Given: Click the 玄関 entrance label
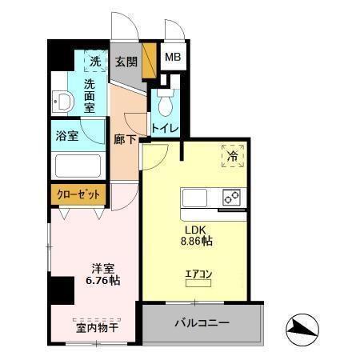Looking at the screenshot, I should click(125, 62).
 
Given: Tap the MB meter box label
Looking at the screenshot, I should click(172, 58).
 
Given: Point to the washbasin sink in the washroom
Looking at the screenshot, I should click(62, 102).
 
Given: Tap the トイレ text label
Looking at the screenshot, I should click(165, 127).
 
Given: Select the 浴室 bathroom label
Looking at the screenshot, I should click(67, 135).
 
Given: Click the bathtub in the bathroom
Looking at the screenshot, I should click(77, 166).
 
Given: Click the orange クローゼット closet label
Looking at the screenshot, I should click(78, 194).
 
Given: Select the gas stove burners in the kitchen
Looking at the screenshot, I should click(232, 198).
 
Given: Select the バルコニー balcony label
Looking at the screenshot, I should click(202, 323).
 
